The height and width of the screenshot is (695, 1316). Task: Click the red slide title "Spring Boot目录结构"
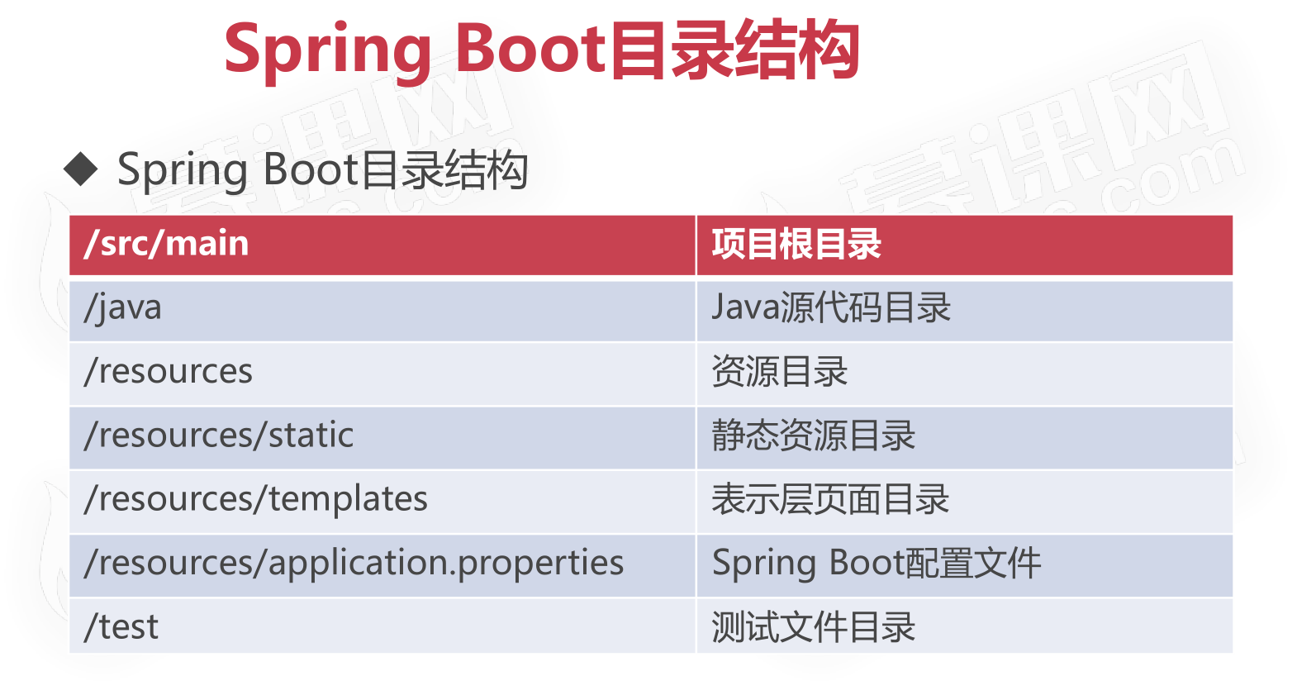point(542,50)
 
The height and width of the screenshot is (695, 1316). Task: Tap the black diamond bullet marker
point(80,169)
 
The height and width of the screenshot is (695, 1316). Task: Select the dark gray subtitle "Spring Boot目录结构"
point(322,170)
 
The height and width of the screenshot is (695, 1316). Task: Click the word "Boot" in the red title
point(530,48)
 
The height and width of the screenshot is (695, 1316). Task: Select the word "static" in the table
point(311,436)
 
